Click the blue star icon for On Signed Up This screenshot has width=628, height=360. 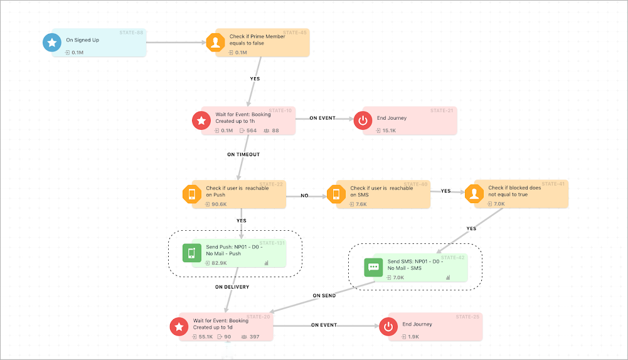(x=51, y=43)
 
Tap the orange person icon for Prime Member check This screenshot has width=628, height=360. (x=215, y=43)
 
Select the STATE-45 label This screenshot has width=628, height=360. (x=295, y=32)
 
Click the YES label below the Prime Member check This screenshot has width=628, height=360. (x=255, y=79)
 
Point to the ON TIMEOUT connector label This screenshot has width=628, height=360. (x=243, y=154)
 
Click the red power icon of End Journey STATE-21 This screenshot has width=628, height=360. (x=363, y=120)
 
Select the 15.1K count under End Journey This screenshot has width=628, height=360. (x=389, y=130)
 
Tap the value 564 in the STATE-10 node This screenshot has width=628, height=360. (x=251, y=130)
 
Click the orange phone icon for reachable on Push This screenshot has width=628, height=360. (x=191, y=194)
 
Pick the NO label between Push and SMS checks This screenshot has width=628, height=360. (x=304, y=196)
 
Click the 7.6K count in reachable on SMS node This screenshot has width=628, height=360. (x=361, y=204)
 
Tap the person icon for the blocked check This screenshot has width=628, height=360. (x=474, y=194)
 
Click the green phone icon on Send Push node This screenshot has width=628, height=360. (x=192, y=253)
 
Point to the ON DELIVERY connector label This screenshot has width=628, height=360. (x=232, y=287)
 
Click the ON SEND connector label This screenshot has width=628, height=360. (x=324, y=295)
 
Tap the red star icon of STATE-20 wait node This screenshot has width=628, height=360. (x=179, y=327)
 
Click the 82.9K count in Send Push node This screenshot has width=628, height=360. (x=219, y=263)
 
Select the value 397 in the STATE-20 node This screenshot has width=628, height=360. (x=253, y=337)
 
